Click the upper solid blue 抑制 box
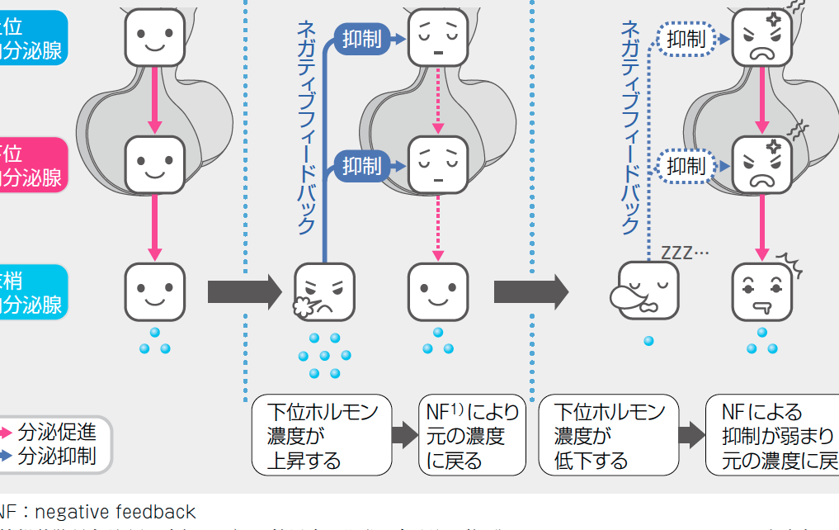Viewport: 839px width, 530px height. [361, 39]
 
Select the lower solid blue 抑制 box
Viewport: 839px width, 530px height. [361, 166]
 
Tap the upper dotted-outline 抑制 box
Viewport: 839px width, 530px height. [686, 39]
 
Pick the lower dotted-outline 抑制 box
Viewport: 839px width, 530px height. [686, 166]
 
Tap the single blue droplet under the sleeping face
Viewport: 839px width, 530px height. [648, 340]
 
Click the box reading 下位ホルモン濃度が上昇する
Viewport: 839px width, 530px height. [321, 435]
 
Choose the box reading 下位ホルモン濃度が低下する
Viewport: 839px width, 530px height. [608, 435]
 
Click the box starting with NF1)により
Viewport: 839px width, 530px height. [472, 435]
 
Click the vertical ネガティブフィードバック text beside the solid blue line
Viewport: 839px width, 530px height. [306, 128]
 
